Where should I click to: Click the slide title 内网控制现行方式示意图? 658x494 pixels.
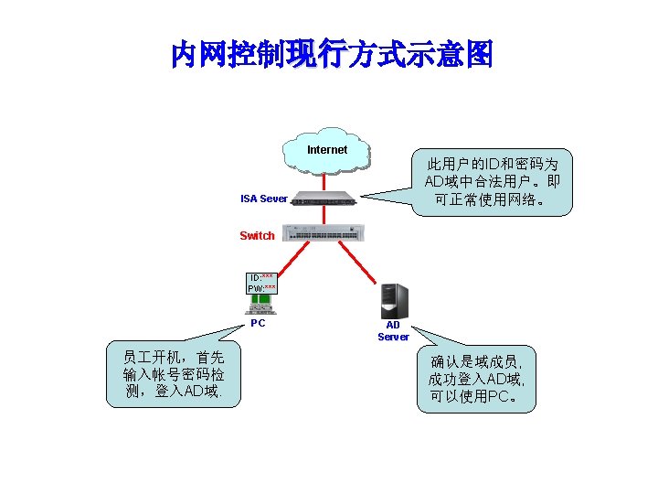(x=331, y=55)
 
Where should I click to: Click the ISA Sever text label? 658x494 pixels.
(x=263, y=199)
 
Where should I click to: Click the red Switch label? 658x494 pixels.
(x=257, y=236)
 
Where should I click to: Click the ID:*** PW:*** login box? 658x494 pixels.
(x=261, y=284)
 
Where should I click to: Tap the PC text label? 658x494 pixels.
(x=258, y=323)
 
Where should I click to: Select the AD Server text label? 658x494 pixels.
(x=393, y=331)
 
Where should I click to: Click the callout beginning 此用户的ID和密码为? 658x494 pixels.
(x=493, y=182)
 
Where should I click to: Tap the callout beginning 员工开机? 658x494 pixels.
(x=173, y=373)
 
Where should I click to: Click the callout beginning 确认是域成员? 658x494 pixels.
(x=475, y=379)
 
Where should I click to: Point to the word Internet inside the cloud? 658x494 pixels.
(x=327, y=150)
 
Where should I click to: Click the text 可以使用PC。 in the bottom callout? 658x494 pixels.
(x=475, y=397)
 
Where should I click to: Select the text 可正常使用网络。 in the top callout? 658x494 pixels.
(x=493, y=199)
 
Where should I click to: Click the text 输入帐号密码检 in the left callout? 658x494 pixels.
(x=173, y=374)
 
